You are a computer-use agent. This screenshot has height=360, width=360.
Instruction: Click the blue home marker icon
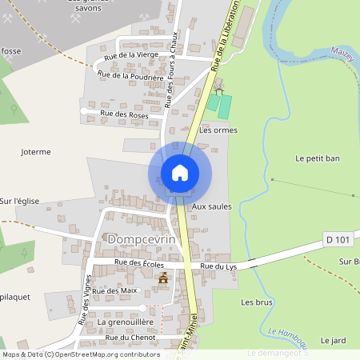(x=180, y=173)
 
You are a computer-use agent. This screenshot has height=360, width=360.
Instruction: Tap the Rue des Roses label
(x=124, y=114)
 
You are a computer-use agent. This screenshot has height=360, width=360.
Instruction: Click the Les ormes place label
(x=218, y=130)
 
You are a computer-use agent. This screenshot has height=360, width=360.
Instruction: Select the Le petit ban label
(x=318, y=158)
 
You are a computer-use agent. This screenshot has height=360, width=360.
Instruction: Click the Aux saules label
(x=211, y=206)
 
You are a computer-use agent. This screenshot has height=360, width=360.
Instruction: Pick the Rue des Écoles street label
(x=139, y=262)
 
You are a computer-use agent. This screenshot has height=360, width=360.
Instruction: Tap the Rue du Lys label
(x=218, y=266)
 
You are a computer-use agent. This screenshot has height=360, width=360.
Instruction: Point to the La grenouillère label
(x=125, y=322)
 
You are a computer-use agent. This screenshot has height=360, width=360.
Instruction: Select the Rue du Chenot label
(x=130, y=338)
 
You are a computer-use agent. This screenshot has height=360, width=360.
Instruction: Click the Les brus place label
(x=257, y=302)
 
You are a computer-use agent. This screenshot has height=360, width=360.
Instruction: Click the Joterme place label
(x=36, y=151)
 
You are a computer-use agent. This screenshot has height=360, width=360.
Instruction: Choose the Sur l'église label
(x=19, y=202)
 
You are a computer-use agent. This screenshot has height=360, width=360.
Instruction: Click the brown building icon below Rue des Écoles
(x=165, y=278)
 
